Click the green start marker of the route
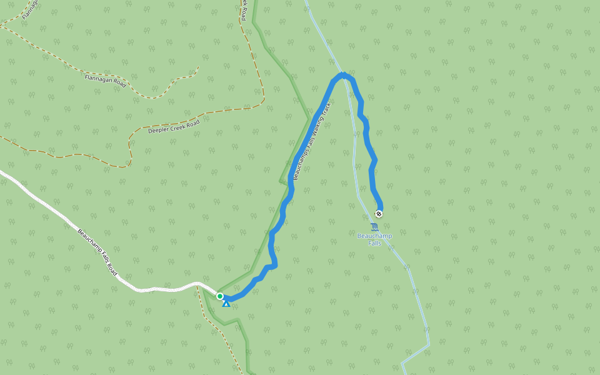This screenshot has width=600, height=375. click(220, 296)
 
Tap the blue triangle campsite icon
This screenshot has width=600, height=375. click(226, 304)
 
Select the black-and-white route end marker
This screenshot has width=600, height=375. click(379, 214)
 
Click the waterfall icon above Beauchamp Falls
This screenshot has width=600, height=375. click(374, 227)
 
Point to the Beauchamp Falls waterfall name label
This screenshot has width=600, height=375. click(374, 239)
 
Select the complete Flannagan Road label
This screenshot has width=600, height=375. click(105, 81)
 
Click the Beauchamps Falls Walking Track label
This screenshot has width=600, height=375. click(311, 141)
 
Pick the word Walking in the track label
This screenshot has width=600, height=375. click(314, 134)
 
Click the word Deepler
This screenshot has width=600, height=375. click(159, 130)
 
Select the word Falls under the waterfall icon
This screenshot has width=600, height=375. click(374, 243)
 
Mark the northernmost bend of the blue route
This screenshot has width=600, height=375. click(343, 75)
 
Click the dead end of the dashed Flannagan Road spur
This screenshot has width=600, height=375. click(199, 66)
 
